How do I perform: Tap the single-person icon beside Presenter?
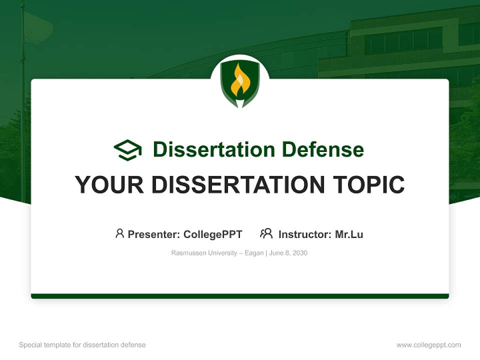pos(119,233)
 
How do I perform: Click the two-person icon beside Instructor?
pos(266,233)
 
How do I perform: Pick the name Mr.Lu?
pos(349,234)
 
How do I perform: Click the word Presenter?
pos(154,234)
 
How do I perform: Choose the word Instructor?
pos(305,234)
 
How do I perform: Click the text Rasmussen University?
pos(204,253)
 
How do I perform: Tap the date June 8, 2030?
pos(288,253)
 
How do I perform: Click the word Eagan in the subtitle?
pos(254,253)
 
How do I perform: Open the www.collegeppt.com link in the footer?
pos(428,345)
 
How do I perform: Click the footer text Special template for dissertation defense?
pos(82,345)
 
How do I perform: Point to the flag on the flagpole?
pos(38,27)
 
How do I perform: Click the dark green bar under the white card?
pos(240,296)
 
